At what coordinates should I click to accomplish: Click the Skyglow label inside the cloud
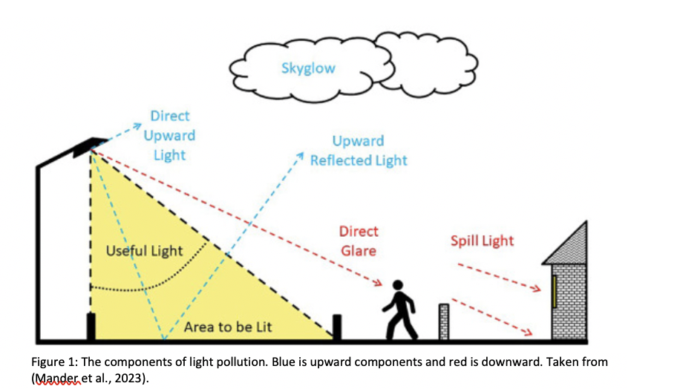(308, 68)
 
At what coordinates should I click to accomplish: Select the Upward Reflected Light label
(359, 151)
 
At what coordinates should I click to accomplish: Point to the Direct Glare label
(359, 241)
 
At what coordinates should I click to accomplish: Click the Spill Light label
(482, 241)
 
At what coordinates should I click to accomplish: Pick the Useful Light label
(144, 250)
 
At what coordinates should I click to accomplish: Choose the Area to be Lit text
(228, 327)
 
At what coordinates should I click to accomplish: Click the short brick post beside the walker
(444, 321)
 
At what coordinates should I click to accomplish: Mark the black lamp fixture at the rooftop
(97, 143)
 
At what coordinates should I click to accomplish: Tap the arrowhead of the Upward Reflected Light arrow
(300, 157)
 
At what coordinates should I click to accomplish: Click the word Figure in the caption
(49, 362)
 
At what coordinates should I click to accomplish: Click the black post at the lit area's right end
(337, 327)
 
